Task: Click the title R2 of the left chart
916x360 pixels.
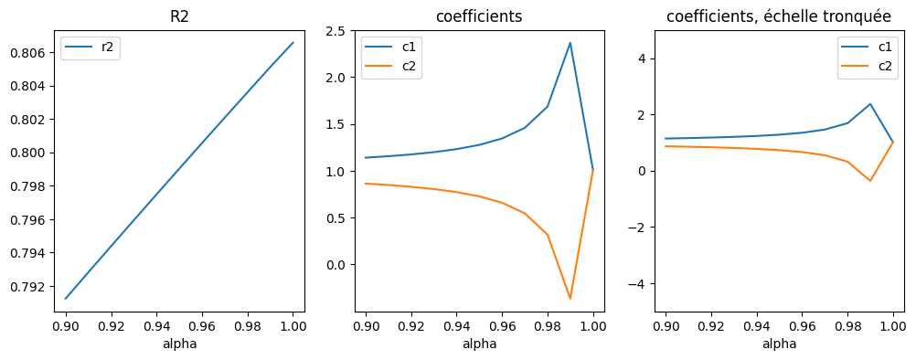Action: point(179,16)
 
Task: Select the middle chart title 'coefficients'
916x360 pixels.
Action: point(479,16)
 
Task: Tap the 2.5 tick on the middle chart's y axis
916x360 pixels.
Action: point(336,31)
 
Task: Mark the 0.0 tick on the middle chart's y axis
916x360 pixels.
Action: point(336,265)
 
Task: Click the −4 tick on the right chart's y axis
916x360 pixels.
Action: point(637,284)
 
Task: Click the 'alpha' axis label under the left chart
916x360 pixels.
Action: point(179,344)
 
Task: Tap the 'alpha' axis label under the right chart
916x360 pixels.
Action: point(779,344)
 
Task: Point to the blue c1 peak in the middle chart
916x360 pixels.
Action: point(570,43)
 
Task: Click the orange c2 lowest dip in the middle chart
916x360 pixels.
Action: point(570,299)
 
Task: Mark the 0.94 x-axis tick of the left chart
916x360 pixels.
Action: point(156,325)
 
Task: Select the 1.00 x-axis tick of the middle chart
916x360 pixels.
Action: point(593,325)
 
